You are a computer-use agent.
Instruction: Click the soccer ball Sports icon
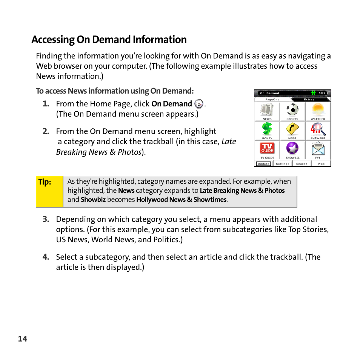pos(292,110)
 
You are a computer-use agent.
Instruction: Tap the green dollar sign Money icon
pos(267,129)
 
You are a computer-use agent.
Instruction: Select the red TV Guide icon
pos(267,148)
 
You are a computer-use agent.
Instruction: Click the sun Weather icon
pos(318,110)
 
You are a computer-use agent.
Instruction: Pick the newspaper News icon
pos(267,110)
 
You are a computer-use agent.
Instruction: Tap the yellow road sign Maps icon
pos(292,129)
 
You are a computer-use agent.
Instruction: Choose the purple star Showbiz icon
pos(292,148)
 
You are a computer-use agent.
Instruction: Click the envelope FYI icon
pos(318,148)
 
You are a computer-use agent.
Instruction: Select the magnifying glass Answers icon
pos(318,129)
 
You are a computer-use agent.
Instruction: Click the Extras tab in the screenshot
pos(309,100)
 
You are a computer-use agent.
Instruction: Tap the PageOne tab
pos(272,100)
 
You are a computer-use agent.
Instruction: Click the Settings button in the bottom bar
pos(282,164)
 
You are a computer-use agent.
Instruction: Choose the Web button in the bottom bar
pos(321,164)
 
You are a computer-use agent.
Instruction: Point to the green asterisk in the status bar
pos(313,93)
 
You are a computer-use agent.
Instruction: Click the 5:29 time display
pos(322,93)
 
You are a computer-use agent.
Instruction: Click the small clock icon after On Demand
pos(199,104)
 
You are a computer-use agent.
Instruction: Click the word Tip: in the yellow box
pos(45,182)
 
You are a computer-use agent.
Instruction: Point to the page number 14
pos(23,339)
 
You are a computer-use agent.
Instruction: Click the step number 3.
pos(46,220)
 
